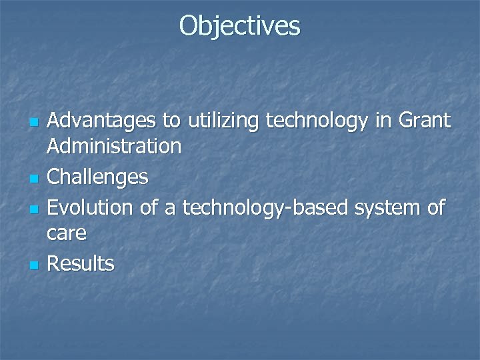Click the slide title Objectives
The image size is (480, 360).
pyautogui.click(x=240, y=26)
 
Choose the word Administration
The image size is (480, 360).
pyautogui.click(x=115, y=146)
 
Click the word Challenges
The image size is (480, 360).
pyautogui.click(x=99, y=177)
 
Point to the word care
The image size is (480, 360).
pyautogui.click(x=67, y=233)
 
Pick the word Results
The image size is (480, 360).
pyautogui.click(x=81, y=264)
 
